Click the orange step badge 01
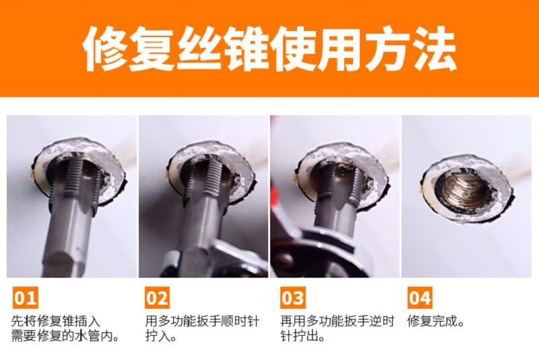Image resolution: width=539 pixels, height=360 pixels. pos(26,297)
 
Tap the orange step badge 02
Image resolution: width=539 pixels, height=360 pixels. pos(157,297)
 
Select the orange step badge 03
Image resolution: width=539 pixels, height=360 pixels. pos(292,297)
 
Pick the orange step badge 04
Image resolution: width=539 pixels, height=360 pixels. pos(420,297)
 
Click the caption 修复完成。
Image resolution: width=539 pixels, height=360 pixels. pos(437,322)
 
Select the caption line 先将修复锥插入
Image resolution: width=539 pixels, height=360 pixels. pos(56,322)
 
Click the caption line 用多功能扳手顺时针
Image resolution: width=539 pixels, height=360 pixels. pos(202,322)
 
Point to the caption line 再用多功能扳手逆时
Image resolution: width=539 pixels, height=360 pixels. pos(338,322)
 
